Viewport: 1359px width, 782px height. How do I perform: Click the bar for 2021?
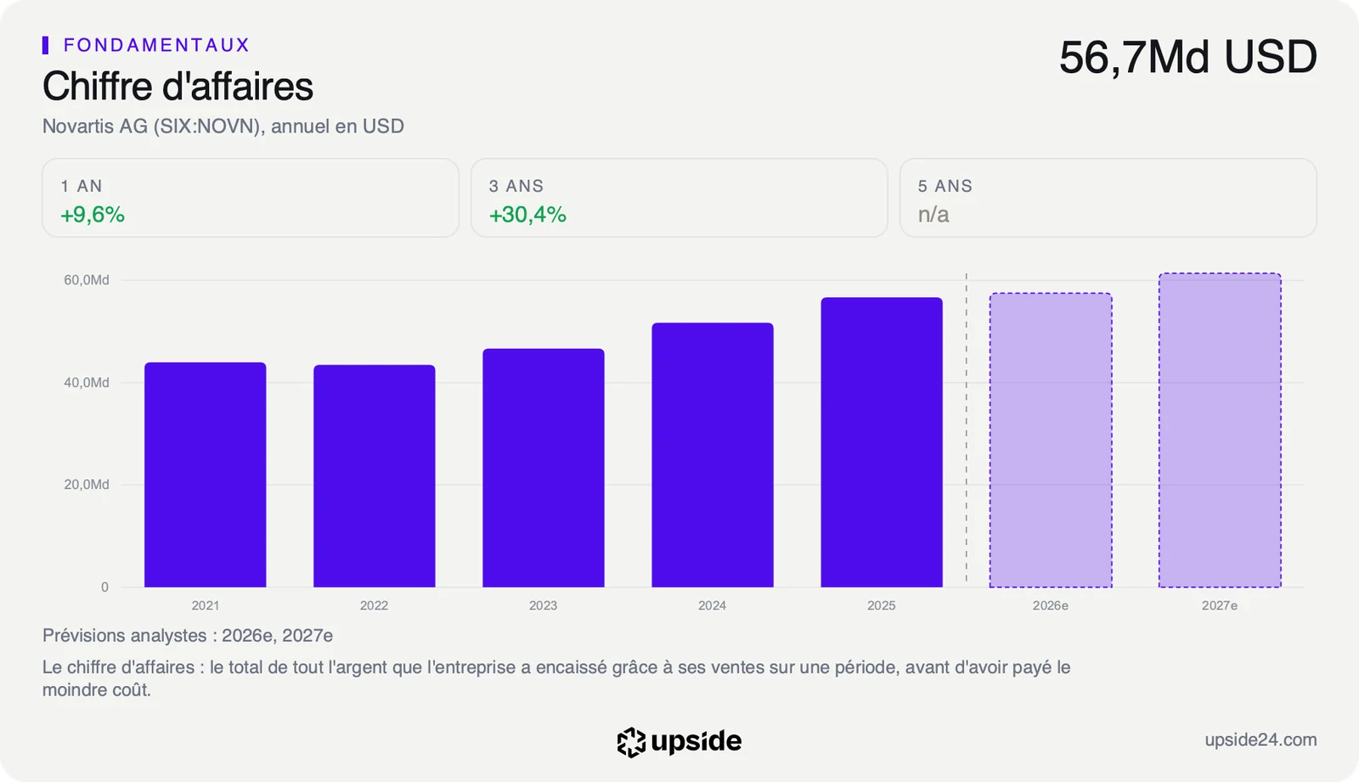tap(205, 475)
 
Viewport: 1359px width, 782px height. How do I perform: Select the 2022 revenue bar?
tap(375, 475)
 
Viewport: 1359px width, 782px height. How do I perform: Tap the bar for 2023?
tap(544, 468)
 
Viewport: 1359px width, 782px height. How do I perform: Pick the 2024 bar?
tap(713, 455)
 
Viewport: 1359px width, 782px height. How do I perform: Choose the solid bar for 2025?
tap(883, 442)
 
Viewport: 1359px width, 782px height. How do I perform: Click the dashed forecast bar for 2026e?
tap(1051, 440)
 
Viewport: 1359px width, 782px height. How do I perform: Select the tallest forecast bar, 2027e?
tap(1220, 430)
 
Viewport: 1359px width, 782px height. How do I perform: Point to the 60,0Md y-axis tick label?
tap(87, 279)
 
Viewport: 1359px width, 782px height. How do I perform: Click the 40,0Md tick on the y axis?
tap(87, 382)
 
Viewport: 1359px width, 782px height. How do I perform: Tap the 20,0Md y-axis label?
tap(87, 484)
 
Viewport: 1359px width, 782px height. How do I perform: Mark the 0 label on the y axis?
tap(105, 587)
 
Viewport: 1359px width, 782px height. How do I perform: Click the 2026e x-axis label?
tap(1051, 605)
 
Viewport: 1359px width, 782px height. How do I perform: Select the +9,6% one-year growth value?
tap(93, 214)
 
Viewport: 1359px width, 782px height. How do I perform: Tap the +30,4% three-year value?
tap(527, 214)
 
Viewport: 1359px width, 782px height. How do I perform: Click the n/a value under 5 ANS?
tap(933, 214)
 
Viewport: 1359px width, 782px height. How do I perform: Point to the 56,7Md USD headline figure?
tap(1188, 57)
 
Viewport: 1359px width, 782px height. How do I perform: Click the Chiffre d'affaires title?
tap(178, 86)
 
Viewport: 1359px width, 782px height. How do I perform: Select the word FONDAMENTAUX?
tap(157, 45)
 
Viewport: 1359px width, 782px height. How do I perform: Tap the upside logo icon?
tap(632, 742)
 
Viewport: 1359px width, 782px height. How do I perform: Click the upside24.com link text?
tap(1260, 740)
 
